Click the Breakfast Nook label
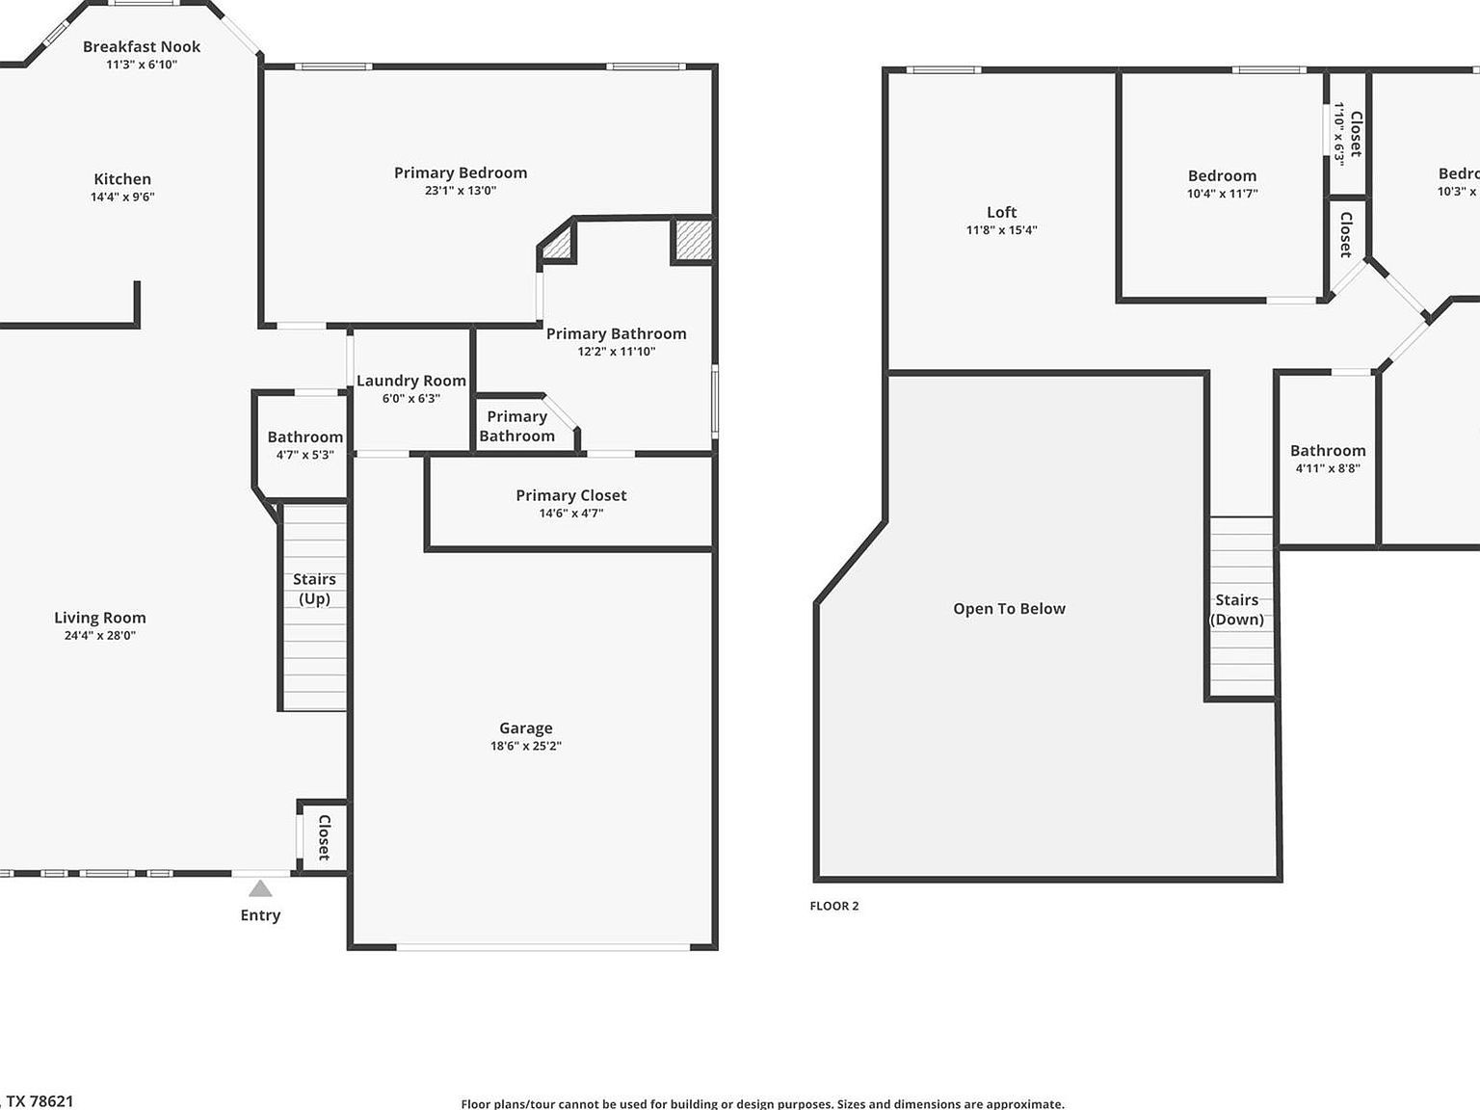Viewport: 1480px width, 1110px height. pyautogui.click(x=142, y=46)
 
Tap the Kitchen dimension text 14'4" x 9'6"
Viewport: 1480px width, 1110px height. pyautogui.click(x=122, y=197)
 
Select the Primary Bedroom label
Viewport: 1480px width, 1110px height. pyautogui.click(x=461, y=173)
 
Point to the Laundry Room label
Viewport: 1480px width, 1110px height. pyautogui.click(x=411, y=381)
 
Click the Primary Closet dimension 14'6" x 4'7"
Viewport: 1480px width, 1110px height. pyautogui.click(x=571, y=514)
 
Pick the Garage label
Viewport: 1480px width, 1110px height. pyautogui.click(x=526, y=728)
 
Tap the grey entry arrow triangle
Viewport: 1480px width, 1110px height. pyautogui.click(x=260, y=888)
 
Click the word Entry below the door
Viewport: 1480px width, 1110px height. pyautogui.click(x=260, y=915)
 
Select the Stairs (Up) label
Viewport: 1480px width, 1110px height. pyautogui.click(x=314, y=589)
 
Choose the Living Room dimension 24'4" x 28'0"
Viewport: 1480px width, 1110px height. pyautogui.click(x=99, y=636)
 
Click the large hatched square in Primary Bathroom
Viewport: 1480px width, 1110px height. pyautogui.click(x=692, y=240)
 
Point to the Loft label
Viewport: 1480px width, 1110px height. pyautogui.click(x=1002, y=212)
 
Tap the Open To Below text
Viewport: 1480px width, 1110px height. pyautogui.click(x=1009, y=609)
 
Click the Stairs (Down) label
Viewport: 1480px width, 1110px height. pyautogui.click(x=1236, y=610)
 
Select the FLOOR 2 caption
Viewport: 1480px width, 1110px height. pyautogui.click(x=833, y=906)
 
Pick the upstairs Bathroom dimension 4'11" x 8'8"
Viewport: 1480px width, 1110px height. pyautogui.click(x=1328, y=469)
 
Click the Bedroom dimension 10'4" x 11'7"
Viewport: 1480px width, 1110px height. pyautogui.click(x=1222, y=194)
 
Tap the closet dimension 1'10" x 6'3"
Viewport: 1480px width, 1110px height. pyautogui.click(x=1338, y=134)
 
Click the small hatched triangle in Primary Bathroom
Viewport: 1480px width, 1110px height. pyautogui.click(x=559, y=245)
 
